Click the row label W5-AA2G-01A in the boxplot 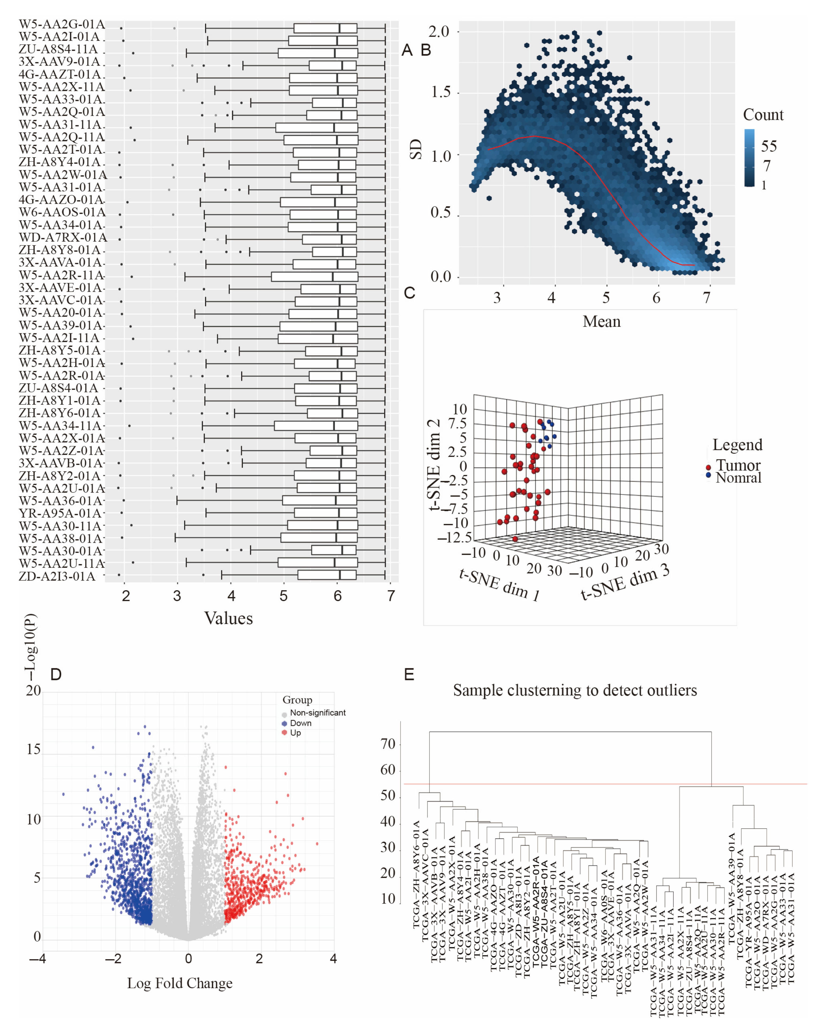click(x=62, y=24)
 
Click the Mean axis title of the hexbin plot click(x=602, y=321)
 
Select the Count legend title click(x=763, y=115)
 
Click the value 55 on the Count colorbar click(x=768, y=146)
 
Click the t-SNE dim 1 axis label click(x=499, y=585)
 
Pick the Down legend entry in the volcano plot click(x=300, y=723)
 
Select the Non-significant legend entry click(x=317, y=713)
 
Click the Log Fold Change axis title click(x=180, y=983)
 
